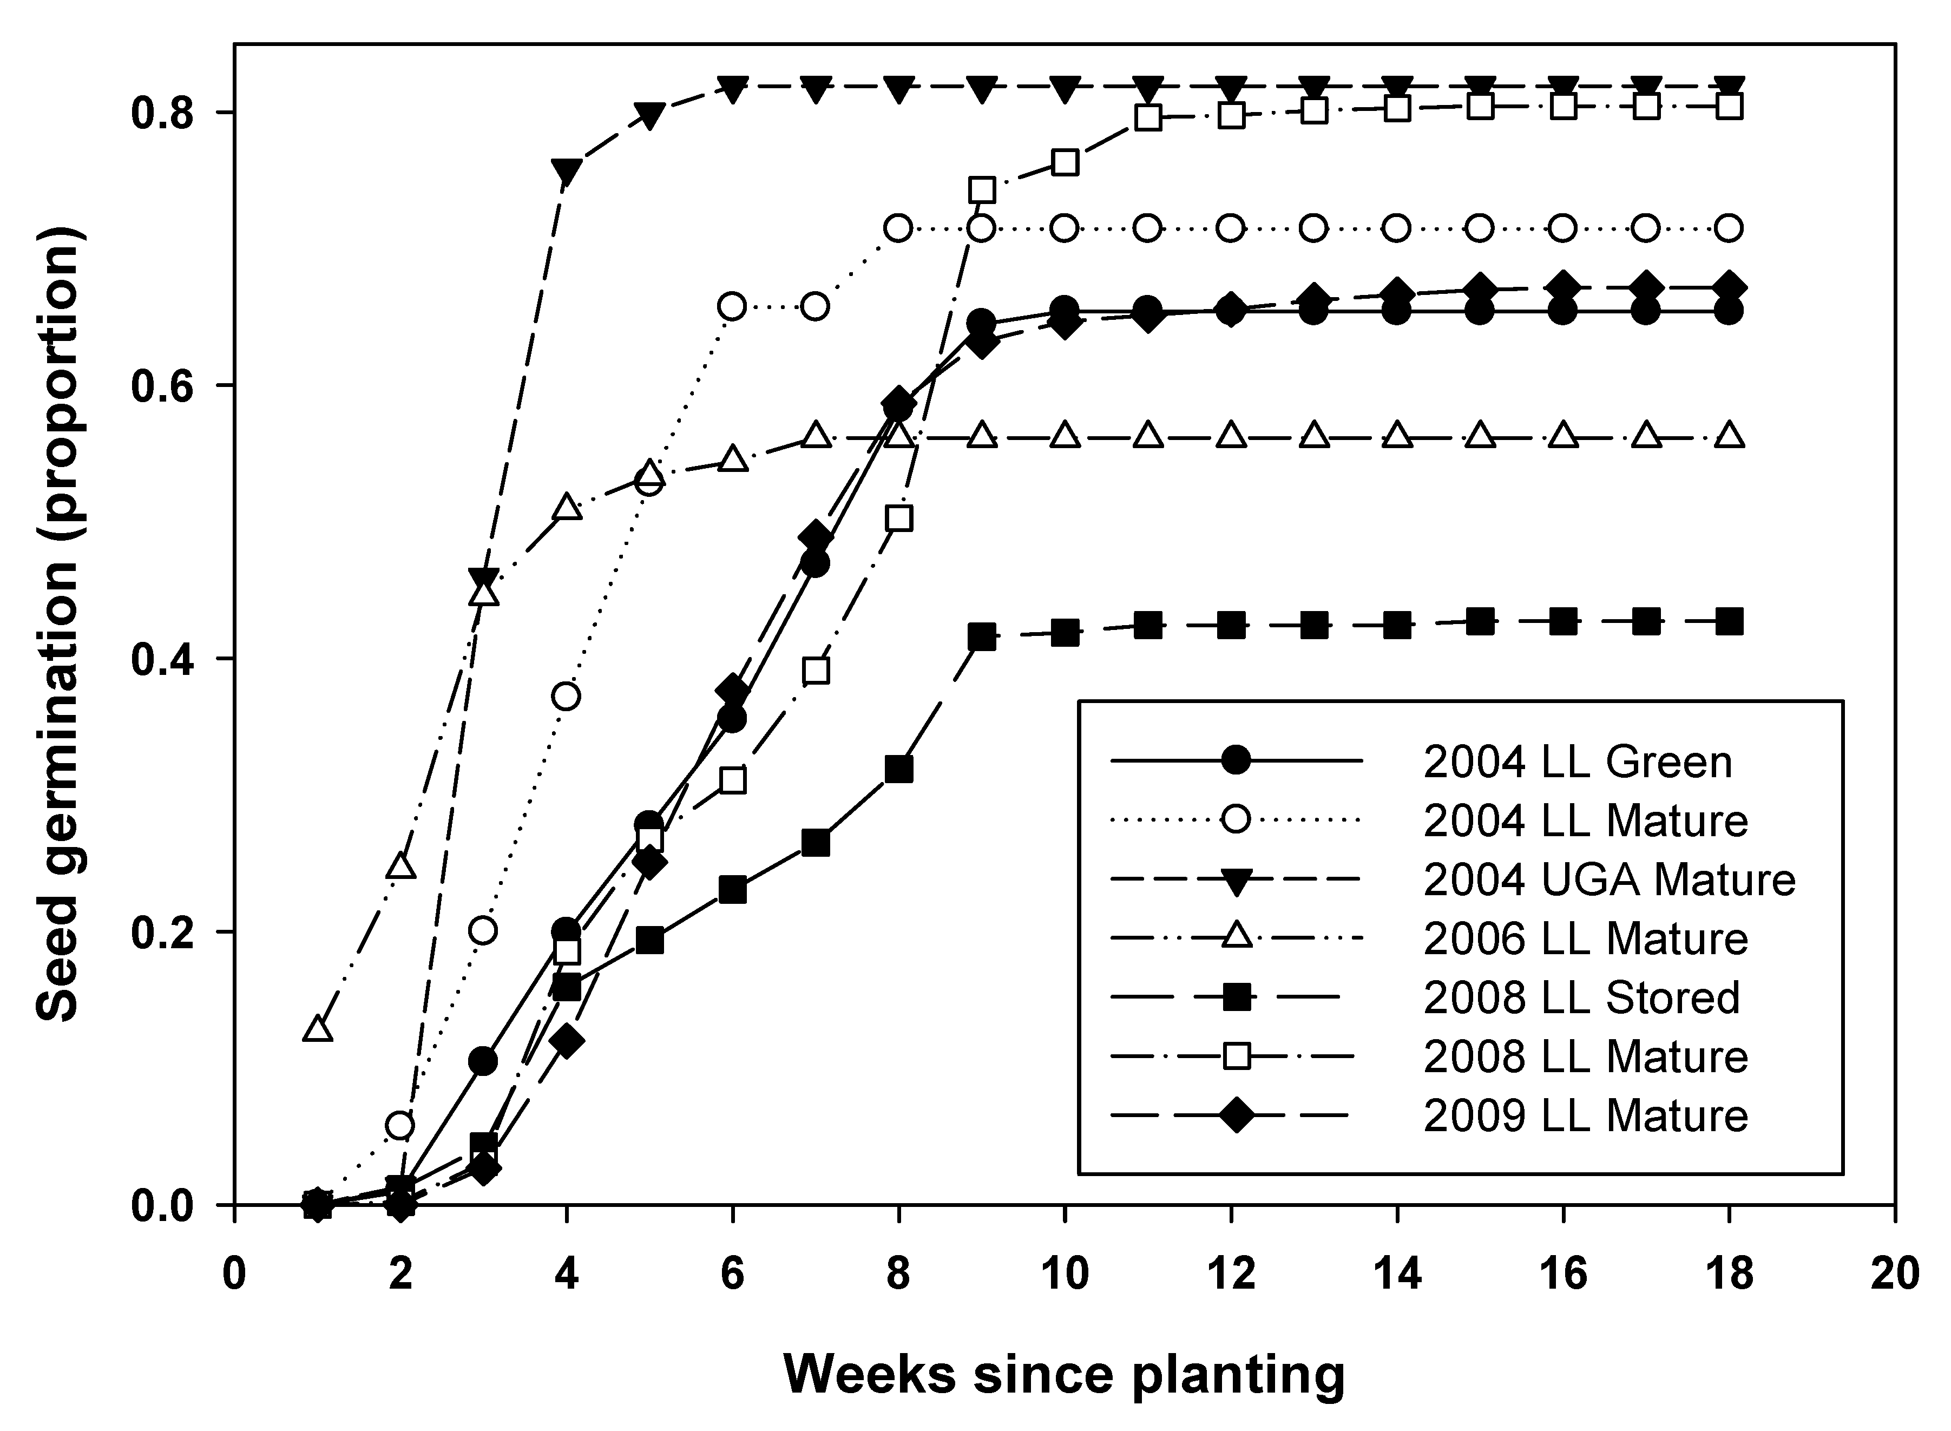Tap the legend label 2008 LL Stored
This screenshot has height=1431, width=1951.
coord(1581,998)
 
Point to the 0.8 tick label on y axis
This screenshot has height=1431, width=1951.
coord(170,113)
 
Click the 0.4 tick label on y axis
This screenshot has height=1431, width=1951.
coord(170,658)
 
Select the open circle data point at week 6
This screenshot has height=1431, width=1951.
coord(733,307)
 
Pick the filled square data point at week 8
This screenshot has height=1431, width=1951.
coord(899,769)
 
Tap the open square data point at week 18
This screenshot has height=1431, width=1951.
coord(1729,107)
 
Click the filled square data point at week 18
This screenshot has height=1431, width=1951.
coord(1729,621)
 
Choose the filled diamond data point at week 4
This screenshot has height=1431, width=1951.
coord(566,1041)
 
